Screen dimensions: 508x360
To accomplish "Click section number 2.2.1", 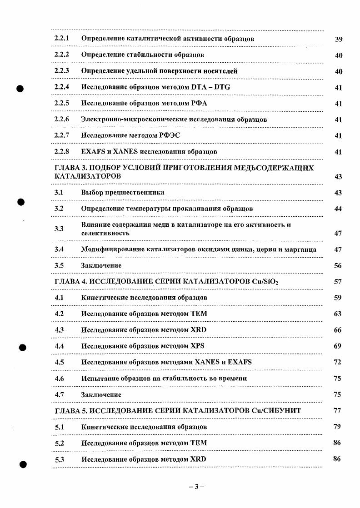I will pos(61,39).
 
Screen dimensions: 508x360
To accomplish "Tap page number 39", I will pos(338,39).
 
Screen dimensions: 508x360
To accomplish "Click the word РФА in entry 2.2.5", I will pos(199,103).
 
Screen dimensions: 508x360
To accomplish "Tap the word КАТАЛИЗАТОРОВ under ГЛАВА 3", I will pos(88,176).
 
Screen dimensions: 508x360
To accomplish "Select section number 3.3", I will pos(59,229).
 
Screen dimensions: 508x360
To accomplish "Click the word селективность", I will pos(105,233).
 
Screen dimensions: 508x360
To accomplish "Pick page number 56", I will pos(338,266).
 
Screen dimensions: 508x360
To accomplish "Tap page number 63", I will pos(338,314).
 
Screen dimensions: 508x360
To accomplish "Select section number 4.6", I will pos(59,379).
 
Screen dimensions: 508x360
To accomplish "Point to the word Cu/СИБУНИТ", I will pos(276,410).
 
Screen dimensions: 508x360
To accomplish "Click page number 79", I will pos(337,427).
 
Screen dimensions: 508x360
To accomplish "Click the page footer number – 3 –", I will pos(197,487).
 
